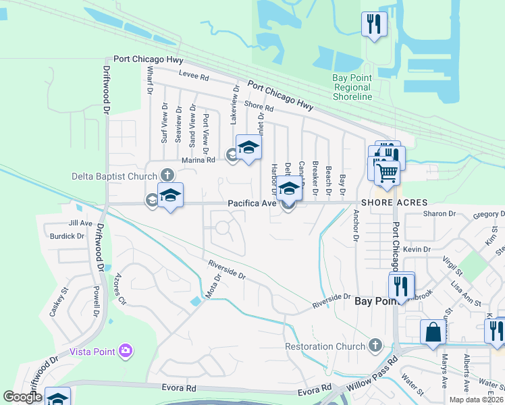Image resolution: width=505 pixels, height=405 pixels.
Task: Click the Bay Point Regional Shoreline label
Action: (x=352, y=87)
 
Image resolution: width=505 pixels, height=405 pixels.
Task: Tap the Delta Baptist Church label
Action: (x=114, y=177)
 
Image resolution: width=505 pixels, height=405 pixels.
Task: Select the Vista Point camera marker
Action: (x=126, y=350)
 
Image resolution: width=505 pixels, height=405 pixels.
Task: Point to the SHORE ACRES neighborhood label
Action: (x=394, y=202)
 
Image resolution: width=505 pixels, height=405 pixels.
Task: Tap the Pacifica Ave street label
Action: (x=252, y=202)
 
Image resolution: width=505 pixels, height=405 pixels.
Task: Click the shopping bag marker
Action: (x=432, y=332)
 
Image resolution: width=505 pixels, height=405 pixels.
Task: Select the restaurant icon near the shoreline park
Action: (x=373, y=24)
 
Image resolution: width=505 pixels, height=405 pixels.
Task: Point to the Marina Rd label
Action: (x=198, y=160)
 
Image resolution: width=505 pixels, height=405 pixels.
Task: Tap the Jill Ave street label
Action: (x=80, y=223)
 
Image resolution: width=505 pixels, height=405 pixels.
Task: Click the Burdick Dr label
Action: (x=67, y=237)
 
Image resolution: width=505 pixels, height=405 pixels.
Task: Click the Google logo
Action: (x=22, y=397)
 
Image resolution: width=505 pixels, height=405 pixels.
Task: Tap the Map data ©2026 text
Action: (x=476, y=400)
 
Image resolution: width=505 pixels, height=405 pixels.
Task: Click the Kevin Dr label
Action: (x=417, y=250)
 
